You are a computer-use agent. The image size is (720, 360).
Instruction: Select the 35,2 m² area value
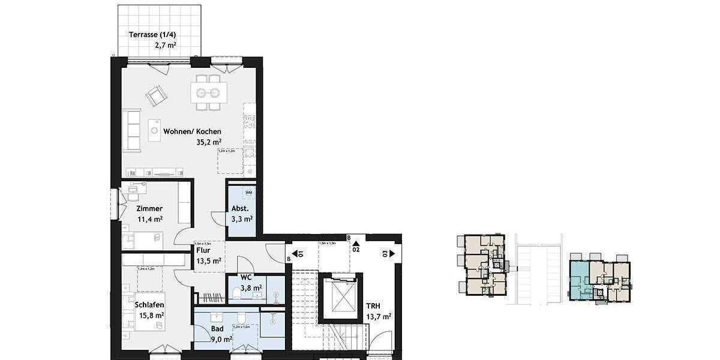[x=208, y=142]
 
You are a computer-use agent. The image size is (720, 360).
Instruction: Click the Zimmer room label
[x=149, y=208]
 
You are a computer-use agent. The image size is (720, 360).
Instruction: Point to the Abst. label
[x=240, y=209]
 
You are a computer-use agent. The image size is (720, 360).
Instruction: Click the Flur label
[x=202, y=250]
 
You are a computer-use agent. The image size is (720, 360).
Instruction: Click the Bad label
[x=217, y=329]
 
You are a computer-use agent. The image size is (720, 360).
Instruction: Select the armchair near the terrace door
[x=157, y=95]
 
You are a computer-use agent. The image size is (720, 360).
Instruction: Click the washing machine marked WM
[x=248, y=193]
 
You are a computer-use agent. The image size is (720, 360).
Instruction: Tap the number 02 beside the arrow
[x=356, y=248]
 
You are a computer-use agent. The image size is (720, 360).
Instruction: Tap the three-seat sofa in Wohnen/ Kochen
[x=131, y=130]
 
